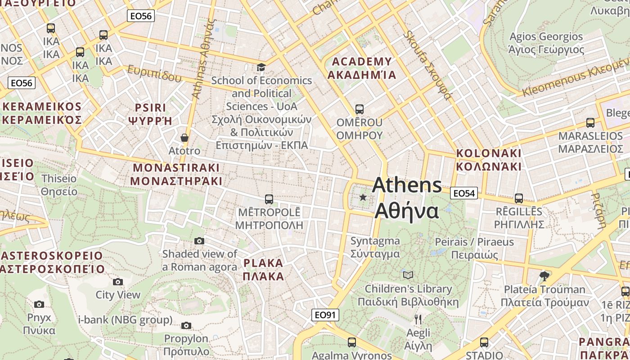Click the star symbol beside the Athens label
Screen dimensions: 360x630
tap(363, 197)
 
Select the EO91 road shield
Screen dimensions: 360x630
tap(325, 315)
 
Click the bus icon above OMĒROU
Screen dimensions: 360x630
tap(359, 109)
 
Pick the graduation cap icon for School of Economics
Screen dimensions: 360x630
tap(261, 67)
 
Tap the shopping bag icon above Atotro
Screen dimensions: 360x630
tap(184, 137)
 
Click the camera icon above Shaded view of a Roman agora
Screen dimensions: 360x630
tap(199, 241)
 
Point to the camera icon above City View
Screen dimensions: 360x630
tap(118, 282)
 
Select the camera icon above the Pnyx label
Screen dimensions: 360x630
tap(39, 305)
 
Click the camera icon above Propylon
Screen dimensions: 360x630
tap(186, 325)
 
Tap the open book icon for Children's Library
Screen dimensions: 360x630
tap(408, 275)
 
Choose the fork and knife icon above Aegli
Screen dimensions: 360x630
tap(418, 319)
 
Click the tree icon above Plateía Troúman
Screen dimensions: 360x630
tap(544, 276)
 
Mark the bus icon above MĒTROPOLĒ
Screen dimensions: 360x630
tap(269, 199)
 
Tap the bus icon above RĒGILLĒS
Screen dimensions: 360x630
tap(518, 198)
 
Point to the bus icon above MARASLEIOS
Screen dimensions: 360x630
tap(590, 122)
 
